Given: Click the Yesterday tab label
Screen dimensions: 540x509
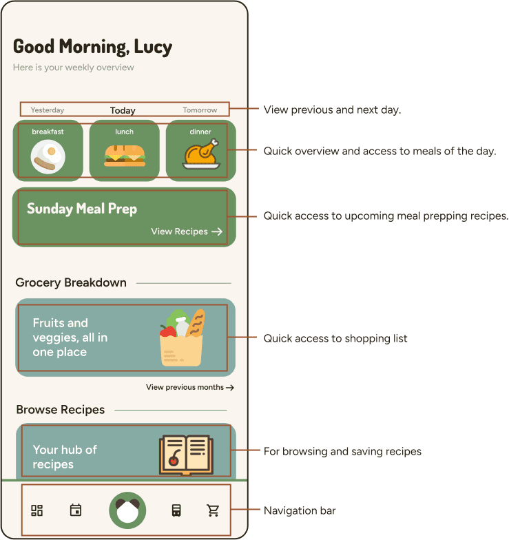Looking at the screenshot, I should pyautogui.click(x=48, y=110).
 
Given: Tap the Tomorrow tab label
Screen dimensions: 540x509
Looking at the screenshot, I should pyautogui.click(x=200, y=110).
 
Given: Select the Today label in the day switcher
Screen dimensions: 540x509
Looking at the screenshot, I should pyautogui.click(x=123, y=110).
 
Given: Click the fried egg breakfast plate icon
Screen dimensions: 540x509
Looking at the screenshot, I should pyautogui.click(x=48, y=157).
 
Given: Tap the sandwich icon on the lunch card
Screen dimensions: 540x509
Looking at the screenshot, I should pyautogui.click(x=125, y=155).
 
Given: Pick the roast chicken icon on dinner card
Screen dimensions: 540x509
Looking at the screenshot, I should pyautogui.click(x=201, y=154).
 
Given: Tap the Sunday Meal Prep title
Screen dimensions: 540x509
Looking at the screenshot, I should pyautogui.click(x=82, y=209).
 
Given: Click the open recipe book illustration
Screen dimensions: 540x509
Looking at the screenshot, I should pyautogui.click(x=185, y=454).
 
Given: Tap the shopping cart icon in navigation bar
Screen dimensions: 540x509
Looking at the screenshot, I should pyautogui.click(x=213, y=510).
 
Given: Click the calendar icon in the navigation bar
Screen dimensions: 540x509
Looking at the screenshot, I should pyautogui.click(x=76, y=510).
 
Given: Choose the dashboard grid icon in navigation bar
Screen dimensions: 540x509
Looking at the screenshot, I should pyautogui.click(x=37, y=510).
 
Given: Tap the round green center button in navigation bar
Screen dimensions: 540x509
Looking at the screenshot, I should pyautogui.click(x=127, y=510).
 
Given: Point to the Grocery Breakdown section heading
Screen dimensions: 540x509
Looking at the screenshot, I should pyautogui.click(x=71, y=282).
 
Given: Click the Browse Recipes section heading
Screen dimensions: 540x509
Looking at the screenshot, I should pyautogui.click(x=61, y=410).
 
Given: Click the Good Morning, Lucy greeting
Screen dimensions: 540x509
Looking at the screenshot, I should pyautogui.click(x=92, y=47).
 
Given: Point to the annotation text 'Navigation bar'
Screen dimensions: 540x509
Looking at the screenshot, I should pyautogui.click(x=300, y=510).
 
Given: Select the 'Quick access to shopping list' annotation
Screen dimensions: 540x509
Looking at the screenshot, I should pyautogui.click(x=335, y=338).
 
